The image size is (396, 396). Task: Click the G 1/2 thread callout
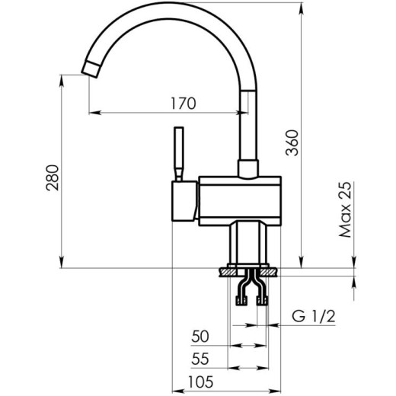(314, 316)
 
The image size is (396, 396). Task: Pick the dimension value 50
(201, 335)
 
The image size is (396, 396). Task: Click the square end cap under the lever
(184, 201)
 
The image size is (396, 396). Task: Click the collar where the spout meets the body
(249, 168)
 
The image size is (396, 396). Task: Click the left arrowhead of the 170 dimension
(92, 113)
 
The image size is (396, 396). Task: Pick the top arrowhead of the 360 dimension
(303, 6)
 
